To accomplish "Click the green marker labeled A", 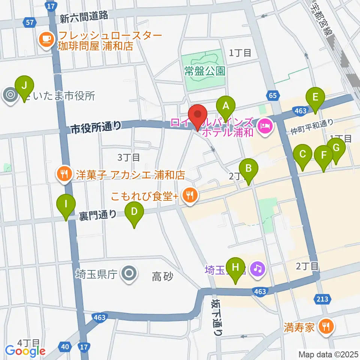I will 225,106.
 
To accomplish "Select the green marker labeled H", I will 235,268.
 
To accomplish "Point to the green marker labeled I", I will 66,205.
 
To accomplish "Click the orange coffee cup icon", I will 46,39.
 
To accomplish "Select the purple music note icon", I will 258,268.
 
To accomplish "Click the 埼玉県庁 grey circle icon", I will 129,273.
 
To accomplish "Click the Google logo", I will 25,351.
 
